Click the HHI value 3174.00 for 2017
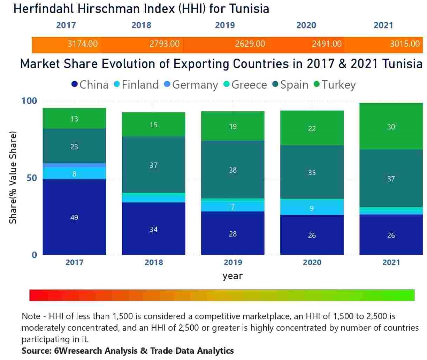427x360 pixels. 83,44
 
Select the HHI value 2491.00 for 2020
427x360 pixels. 326,44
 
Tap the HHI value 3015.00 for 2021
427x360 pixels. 404,44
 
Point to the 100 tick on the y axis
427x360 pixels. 29,101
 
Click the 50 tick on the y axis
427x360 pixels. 31,178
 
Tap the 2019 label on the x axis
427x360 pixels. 233,262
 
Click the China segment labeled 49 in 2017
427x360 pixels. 74,217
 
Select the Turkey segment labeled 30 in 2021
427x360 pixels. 391,127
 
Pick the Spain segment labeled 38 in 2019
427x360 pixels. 233,170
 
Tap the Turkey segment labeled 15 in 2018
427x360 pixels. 153,125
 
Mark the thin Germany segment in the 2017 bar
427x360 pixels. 74,165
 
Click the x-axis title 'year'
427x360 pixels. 232,276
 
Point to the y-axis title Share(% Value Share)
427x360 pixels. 13,178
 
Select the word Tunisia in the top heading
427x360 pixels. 250,8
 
